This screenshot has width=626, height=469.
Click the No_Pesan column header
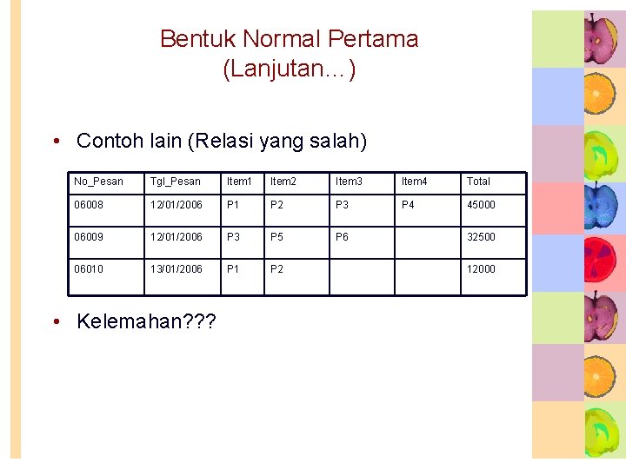pos(98,182)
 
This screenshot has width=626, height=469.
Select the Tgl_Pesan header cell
pos(175,182)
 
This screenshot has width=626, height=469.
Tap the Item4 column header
pos(414,182)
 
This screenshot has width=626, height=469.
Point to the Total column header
pos(478,182)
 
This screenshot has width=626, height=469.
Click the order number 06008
pos(89,205)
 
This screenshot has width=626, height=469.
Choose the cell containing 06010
pos(89,269)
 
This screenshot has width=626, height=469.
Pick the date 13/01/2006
pos(176,269)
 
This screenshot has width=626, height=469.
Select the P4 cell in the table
pos(408,205)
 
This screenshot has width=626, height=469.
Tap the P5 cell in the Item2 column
pos(277,237)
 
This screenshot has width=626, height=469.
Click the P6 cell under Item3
pos(343,237)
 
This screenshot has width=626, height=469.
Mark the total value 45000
pos(481,205)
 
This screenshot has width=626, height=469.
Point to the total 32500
pos(481,237)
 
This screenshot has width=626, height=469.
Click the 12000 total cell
pos(481,269)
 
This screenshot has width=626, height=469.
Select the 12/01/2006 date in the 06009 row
pos(176,237)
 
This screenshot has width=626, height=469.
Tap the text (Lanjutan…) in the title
pos(290,69)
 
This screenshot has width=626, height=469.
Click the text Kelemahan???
pos(146,321)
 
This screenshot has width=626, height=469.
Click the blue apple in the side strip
pos(600,208)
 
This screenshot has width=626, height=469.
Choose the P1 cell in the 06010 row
pos(233,269)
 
